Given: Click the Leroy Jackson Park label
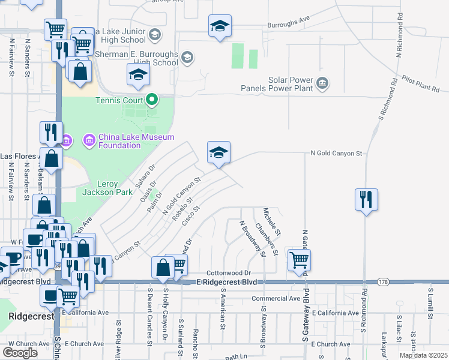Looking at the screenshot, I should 106,188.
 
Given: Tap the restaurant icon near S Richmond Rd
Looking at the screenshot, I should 366,199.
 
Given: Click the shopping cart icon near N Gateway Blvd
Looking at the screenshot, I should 298,260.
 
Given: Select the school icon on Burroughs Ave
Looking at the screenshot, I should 220,26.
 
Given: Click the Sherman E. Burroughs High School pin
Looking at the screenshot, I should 187,58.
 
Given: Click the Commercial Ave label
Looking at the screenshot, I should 276,298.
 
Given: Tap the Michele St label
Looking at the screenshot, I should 271,221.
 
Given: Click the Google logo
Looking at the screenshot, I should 20,352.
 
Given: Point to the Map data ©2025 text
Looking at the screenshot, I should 423,355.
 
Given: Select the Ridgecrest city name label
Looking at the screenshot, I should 24,316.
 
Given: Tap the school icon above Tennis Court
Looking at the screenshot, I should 138,75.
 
